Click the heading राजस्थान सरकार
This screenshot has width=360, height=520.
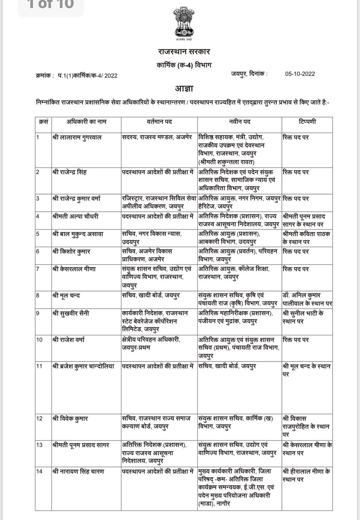184,52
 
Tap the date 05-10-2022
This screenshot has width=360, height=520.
300,74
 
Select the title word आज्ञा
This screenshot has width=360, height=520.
184,88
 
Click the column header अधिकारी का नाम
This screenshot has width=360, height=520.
86,122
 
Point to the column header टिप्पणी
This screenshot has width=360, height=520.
307,122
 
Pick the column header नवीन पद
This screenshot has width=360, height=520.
239,122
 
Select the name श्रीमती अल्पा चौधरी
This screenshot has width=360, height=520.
75,216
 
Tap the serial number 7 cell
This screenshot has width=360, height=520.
38,269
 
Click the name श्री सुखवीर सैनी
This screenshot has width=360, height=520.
71,313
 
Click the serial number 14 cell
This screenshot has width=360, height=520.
39,471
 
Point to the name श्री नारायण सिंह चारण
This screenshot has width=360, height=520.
78,471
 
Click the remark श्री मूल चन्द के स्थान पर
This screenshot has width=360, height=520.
306,370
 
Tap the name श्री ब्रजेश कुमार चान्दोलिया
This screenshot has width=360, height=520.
83,366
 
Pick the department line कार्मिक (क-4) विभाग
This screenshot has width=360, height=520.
184,65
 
